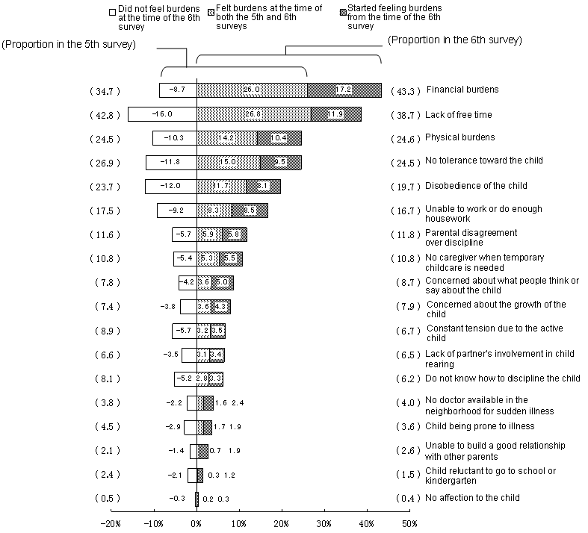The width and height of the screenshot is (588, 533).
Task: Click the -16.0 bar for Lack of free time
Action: (x=161, y=114)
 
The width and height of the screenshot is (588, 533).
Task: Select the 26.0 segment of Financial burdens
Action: (x=251, y=90)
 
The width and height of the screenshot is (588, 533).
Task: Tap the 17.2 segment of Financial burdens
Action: (x=344, y=90)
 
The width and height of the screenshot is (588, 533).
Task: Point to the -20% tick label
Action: (x=111, y=523)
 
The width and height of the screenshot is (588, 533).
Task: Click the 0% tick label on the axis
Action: (x=196, y=523)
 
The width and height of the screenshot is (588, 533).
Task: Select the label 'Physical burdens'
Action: (x=460, y=137)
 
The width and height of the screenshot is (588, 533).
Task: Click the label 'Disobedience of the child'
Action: (x=476, y=185)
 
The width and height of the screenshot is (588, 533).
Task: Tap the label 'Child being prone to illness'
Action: (x=480, y=426)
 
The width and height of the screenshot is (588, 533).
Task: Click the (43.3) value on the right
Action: (x=406, y=90)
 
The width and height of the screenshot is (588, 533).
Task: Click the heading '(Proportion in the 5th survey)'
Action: (x=69, y=44)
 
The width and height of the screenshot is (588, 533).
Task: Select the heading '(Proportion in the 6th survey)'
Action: (x=455, y=40)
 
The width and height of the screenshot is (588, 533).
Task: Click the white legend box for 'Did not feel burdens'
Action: (x=111, y=11)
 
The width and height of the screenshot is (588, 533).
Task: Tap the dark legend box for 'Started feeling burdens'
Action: (x=342, y=11)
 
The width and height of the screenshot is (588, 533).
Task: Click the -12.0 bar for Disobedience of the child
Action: (x=170, y=186)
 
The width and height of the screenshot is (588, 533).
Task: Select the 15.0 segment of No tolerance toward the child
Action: (x=228, y=161)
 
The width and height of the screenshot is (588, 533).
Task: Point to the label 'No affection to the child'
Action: (x=472, y=497)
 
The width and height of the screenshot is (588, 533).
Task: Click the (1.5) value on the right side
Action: (x=406, y=474)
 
